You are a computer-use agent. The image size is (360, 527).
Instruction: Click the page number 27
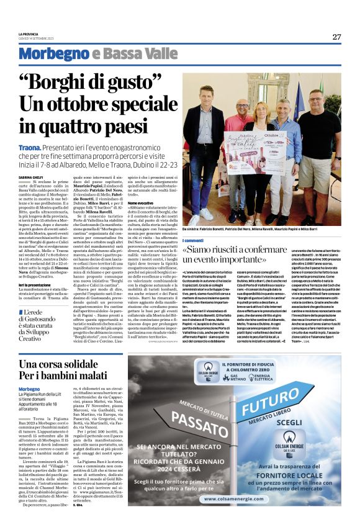pyautogui.click(x=336, y=37)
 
